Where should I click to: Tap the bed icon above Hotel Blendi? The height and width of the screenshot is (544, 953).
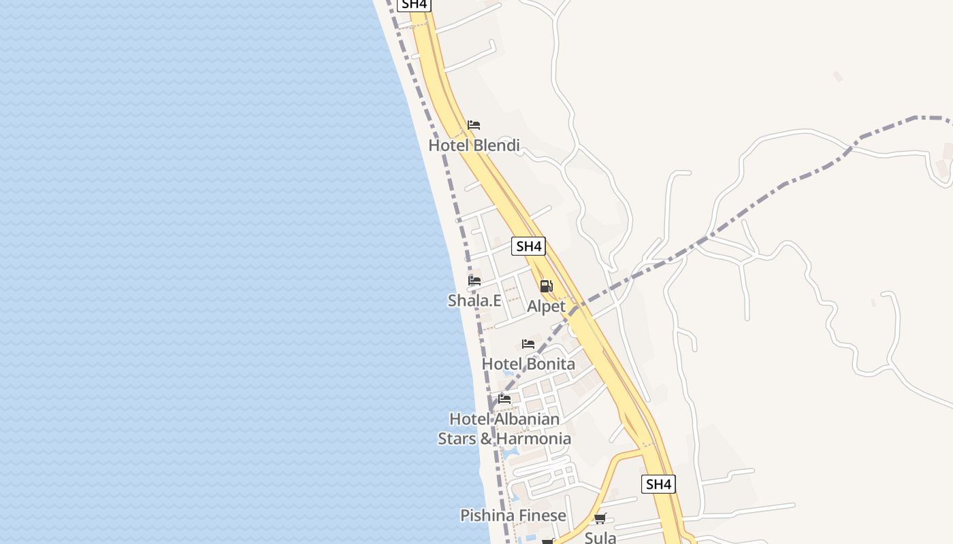[x=474, y=125]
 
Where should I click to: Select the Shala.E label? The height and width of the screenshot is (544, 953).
[x=474, y=300]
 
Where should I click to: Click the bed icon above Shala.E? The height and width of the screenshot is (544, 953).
[x=474, y=280]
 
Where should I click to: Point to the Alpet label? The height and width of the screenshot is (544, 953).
[x=546, y=306]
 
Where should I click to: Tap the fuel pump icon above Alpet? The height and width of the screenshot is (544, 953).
[x=546, y=286]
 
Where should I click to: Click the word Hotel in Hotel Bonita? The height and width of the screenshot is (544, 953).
[x=502, y=364]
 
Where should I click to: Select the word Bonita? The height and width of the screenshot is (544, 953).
[x=550, y=364]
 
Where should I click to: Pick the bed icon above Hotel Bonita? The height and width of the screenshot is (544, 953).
[x=528, y=344]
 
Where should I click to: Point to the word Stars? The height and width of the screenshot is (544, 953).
[x=457, y=439]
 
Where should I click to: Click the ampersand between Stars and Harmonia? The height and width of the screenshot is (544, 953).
[x=486, y=439]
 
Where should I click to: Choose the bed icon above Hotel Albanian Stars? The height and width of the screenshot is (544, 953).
[x=504, y=398]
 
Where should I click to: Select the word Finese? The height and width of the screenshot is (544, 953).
[x=540, y=515]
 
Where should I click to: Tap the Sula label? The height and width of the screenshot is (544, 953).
[x=600, y=538]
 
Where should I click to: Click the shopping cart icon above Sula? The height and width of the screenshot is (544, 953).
[x=600, y=519]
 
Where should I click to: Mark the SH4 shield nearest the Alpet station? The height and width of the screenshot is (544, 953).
[x=529, y=246]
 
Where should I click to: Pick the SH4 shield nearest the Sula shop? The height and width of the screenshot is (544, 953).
[x=658, y=484]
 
